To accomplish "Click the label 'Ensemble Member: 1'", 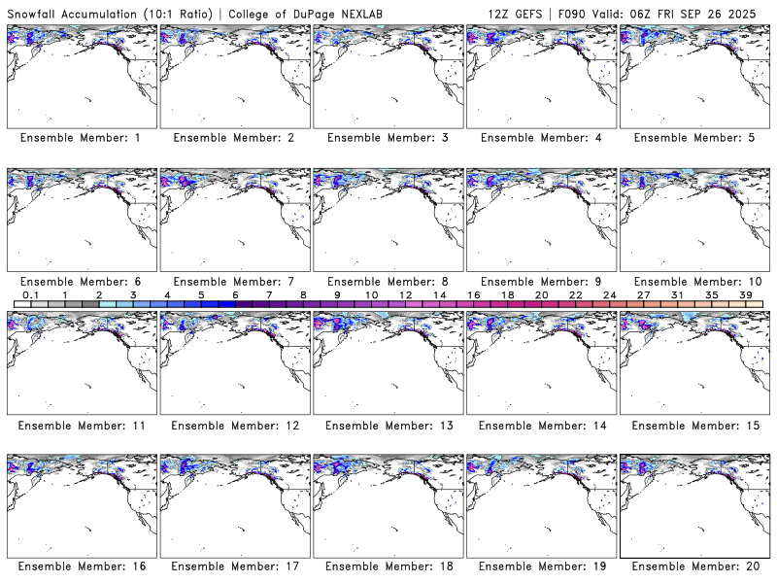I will click(81, 138).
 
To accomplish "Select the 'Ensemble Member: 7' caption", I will click(233, 281).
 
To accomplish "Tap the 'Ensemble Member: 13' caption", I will click(387, 424).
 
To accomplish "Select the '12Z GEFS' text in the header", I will click(516, 14).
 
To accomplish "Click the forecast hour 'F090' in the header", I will click(571, 14).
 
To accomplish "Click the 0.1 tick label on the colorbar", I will click(30, 294).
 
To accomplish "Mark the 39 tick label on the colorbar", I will click(746, 294).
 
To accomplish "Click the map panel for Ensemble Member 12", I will click(233, 363).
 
